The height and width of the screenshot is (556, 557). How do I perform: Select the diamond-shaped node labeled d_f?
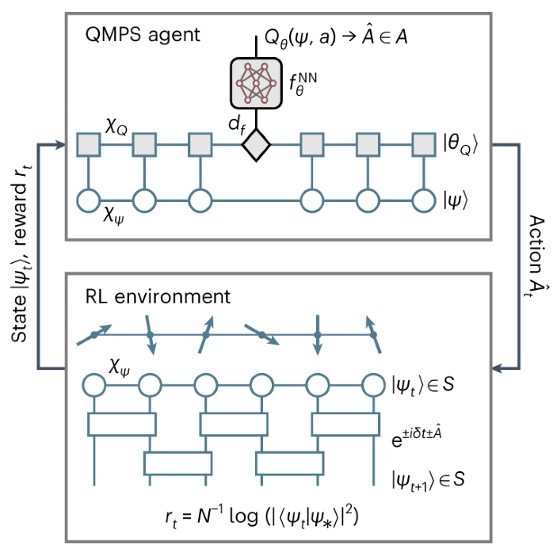pyautogui.click(x=257, y=146)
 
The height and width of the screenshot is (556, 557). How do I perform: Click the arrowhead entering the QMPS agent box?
pyautogui.click(x=59, y=146)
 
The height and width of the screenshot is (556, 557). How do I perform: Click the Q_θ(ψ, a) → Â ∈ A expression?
pyautogui.click(x=338, y=36)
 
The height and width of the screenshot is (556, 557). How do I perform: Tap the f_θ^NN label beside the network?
pyautogui.click(x=307, y=82)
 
